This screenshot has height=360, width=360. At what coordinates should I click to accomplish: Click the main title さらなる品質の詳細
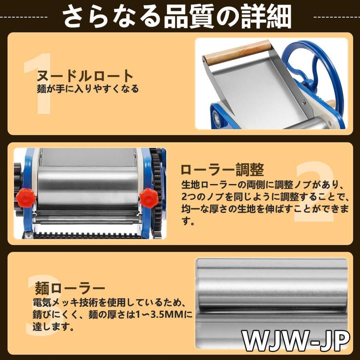click(x=177, y=16)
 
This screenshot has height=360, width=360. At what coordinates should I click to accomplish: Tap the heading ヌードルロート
click(x=85, y=76)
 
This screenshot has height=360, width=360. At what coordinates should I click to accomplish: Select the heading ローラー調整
click(x=222, y=170)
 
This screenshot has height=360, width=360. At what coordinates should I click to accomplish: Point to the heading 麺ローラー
click(x=70, y=288)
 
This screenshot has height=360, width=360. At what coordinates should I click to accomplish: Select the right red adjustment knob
click(x=149, y=198)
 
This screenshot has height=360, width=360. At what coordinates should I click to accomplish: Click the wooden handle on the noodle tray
click(x=238, y=52)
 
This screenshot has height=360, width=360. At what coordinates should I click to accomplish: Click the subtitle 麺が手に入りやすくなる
click(x=88, y=89)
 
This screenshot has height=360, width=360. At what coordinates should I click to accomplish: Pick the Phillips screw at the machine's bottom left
click(x=28, y=235)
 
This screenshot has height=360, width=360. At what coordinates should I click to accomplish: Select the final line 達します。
click(x=53, y=327)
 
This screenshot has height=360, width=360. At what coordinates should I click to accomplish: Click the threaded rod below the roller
click(x=87, y=220)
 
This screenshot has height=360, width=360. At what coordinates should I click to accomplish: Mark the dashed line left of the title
click(x=24, y=17)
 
